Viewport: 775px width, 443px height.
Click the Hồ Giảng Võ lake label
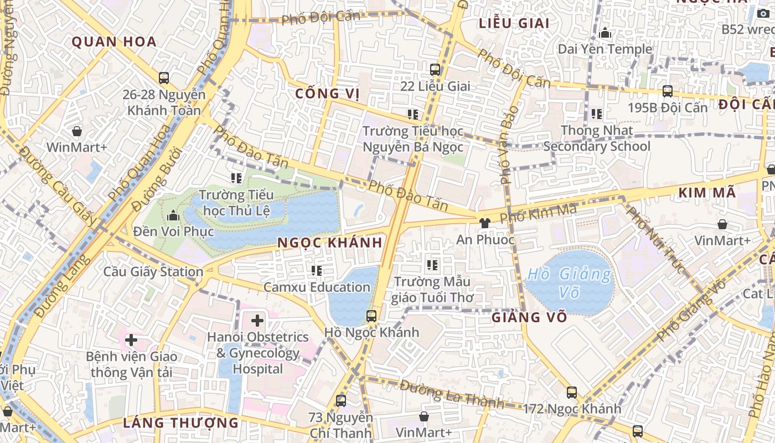tap(570, 282)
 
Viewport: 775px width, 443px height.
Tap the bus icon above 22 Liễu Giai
tap(435, 70)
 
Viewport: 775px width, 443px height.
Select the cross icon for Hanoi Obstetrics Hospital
tap(257, 320)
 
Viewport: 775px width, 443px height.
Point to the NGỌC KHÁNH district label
tap(329, 243)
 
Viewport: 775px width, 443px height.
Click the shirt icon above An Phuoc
tap(485, 223)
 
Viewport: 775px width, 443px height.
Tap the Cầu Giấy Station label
tap(153, 272)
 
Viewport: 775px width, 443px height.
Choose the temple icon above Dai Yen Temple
tap(605, 33)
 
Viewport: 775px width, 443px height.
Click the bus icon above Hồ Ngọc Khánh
tap(371, 316)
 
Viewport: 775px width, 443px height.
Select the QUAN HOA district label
tap(114, 42)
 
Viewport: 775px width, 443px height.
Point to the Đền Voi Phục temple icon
tap(173, 215)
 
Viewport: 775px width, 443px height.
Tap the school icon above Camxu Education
tap(317, 271)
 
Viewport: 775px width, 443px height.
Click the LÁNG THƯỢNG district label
tap(180, 423)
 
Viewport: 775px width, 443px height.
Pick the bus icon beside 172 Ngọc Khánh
tap(572, 393)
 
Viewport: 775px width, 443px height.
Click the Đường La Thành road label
tap(452, 394)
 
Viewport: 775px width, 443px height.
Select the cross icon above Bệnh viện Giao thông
tap(131, 340)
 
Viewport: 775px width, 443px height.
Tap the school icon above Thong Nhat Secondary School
tap(597, 114)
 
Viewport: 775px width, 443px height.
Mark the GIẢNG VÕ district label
tap(529, 317)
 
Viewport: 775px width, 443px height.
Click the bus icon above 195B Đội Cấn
tap(668, 91)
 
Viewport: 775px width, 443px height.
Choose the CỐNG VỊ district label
tap(327, 93)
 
